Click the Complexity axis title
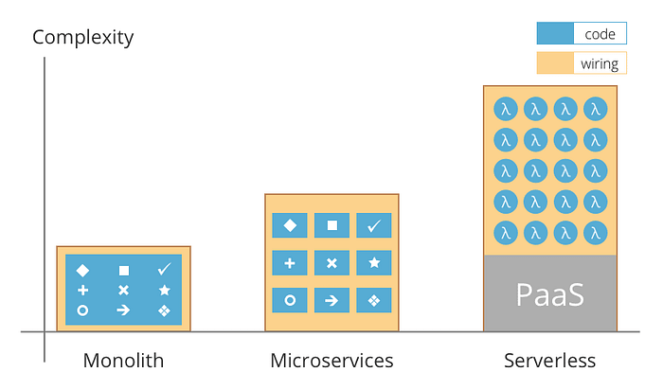tap(83, 38)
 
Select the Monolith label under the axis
tap(123, 361)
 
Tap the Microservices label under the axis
tap(331, 361)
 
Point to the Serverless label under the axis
tap(549, 361)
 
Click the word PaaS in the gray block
tap(549, 294)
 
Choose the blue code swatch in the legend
tap(556, 34)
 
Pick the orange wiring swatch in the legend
tap(556, 63)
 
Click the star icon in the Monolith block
tap(165, 290)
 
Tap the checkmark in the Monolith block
tap(165, 270)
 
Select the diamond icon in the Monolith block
tap(82, 270)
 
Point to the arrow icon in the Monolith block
tap(123, 310)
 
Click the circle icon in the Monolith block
tap(82, 310)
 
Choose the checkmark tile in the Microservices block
tap(373, 225)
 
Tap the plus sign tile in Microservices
tap(290, 263)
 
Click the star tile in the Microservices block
tap(373, 263)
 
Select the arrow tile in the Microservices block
tap(331, 300)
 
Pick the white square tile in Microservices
tap(331, 225)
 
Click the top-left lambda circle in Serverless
tap(506, 109)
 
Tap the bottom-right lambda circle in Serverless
tap(595, 232)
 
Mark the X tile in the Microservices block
tap(331, 263)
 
